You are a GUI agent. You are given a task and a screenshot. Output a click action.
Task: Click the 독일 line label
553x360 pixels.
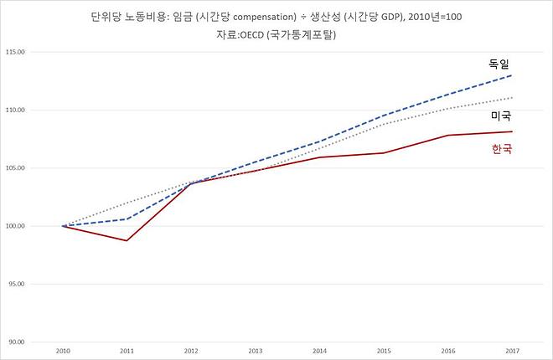tap(499, 64)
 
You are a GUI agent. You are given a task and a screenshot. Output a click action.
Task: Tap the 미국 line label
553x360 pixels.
tap(500, 116)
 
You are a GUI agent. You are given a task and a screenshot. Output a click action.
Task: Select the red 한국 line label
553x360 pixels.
tap(499, 149)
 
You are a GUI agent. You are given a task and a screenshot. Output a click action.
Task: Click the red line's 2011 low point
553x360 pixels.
tap(127, 240)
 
